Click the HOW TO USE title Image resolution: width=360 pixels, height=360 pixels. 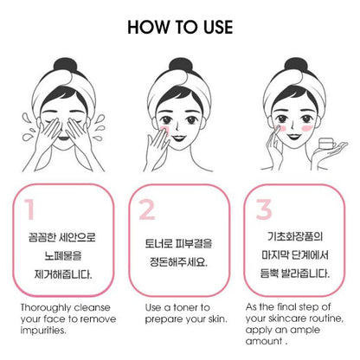point(180,25)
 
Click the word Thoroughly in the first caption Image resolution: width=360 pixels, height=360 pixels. point(44,308)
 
